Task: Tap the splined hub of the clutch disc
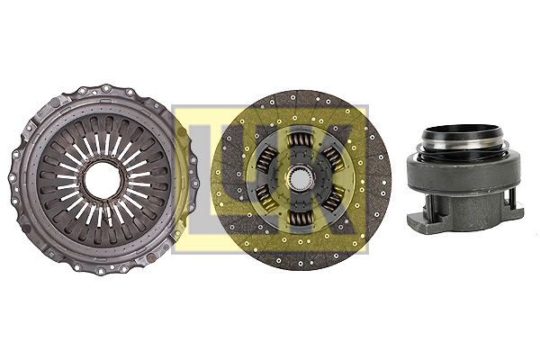click(x=301, y=179)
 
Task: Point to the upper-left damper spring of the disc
click(x=266, y=158)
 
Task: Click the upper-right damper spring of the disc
click(x=332, y=158)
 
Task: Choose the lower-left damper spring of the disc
click(x=266, y=200)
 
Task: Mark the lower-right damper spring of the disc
click(x=333, y=199)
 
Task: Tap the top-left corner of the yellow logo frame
click(x=173, y=106)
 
